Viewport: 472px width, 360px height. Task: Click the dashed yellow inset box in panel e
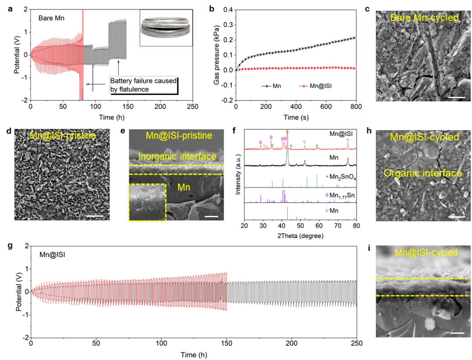click(147, 202)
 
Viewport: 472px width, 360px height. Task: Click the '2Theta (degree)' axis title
click(300, 236)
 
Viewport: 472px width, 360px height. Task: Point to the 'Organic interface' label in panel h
click(423, 173)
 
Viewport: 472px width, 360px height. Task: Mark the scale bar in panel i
click(455, 333)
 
